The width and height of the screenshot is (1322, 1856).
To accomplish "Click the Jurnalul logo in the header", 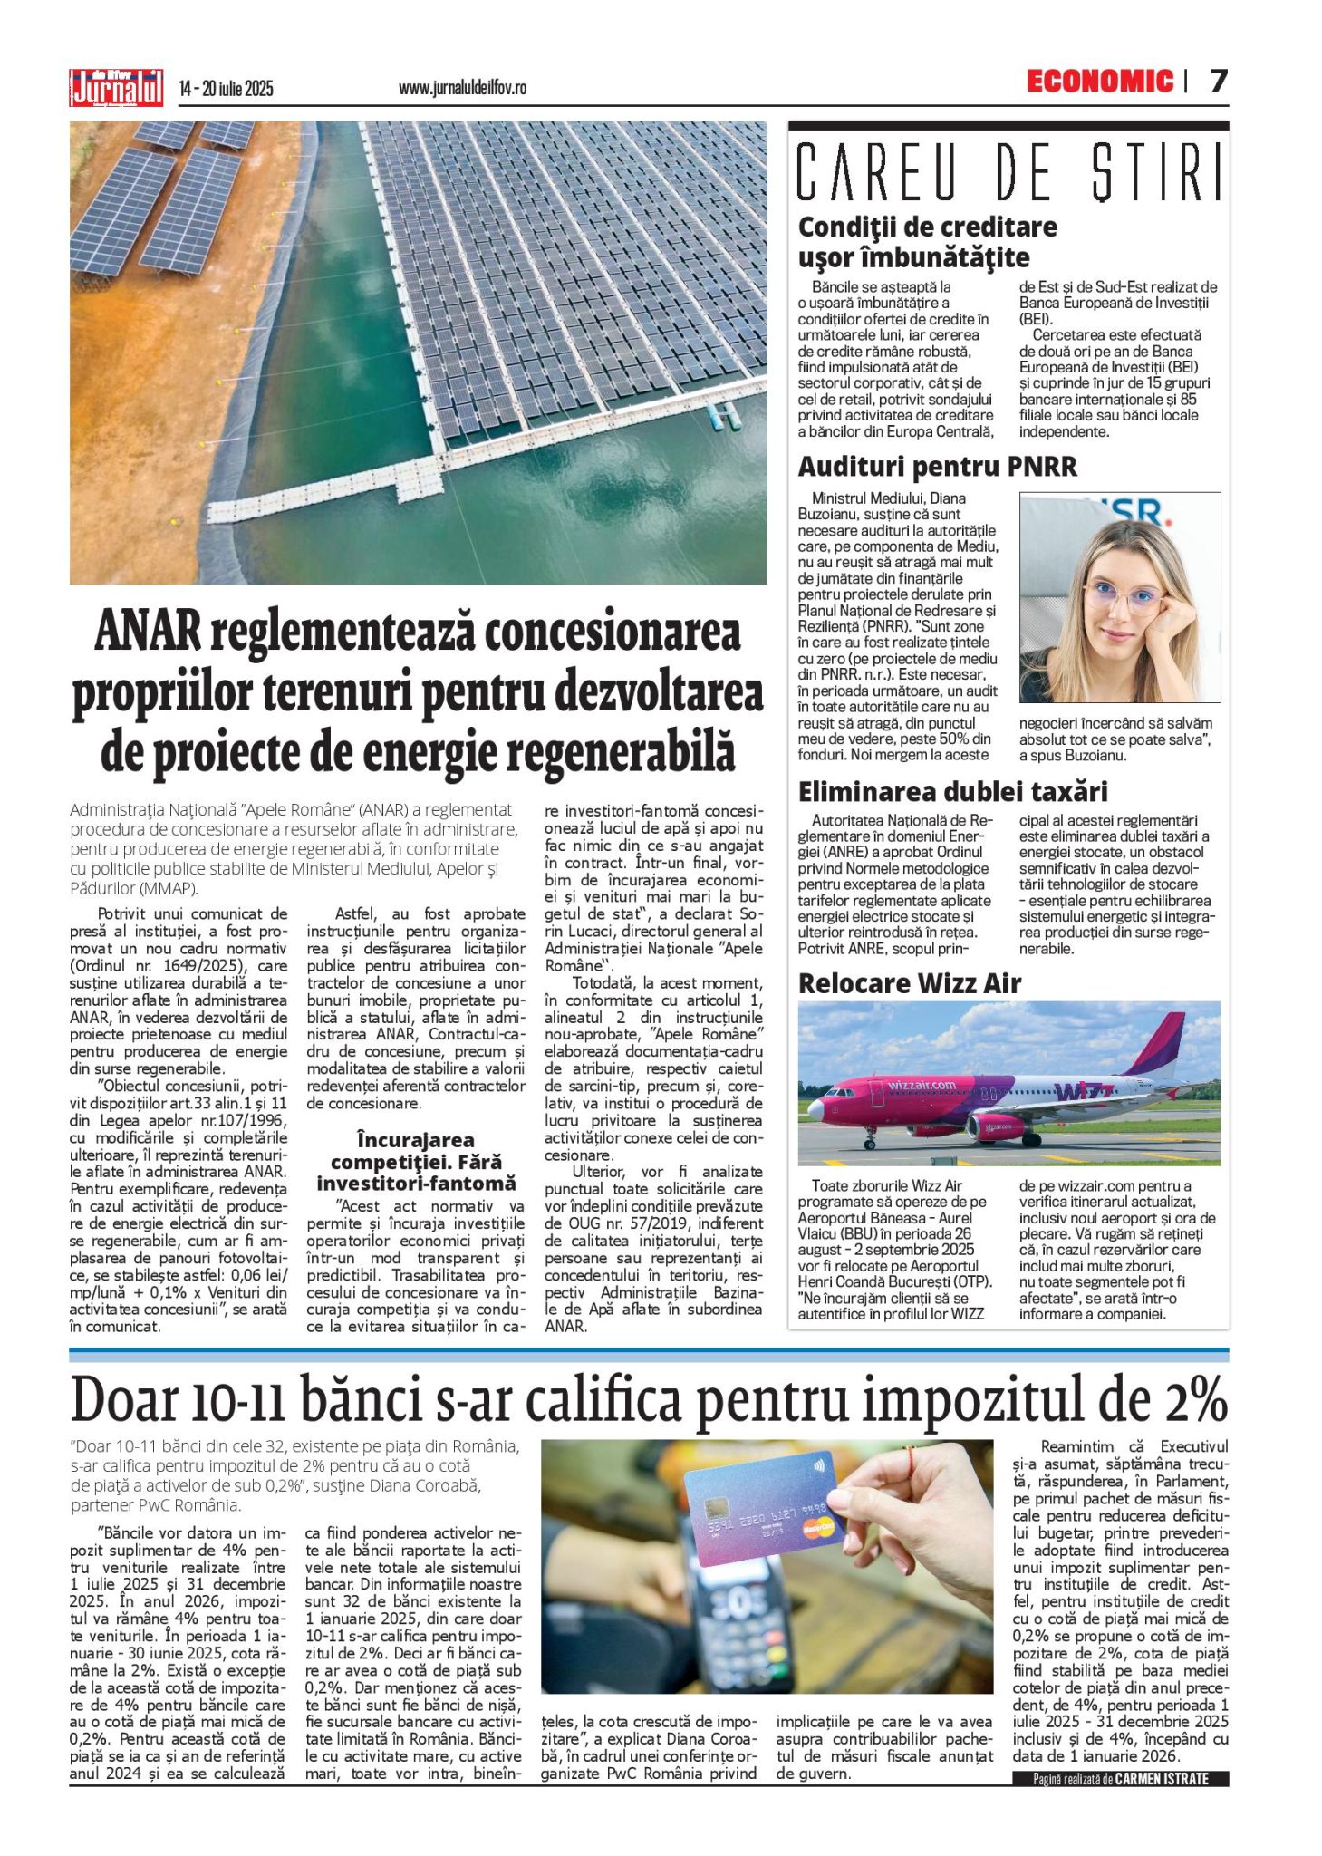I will [x=116, y=88].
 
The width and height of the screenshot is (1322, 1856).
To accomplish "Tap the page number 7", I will [x=1219, y=82].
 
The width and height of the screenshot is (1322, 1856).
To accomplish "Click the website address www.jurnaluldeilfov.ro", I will [x=462, y=88].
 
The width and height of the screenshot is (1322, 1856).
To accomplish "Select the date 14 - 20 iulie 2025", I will [x=226, y=89].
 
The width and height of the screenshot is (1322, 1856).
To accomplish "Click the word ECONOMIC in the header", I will [x=1099, y=82].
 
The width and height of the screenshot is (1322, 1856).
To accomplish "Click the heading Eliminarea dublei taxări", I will [x=952, y=792].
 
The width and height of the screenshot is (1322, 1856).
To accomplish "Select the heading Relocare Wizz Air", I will [x=909, y=983].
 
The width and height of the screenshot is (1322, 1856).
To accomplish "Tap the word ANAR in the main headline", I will [x=147, y=632].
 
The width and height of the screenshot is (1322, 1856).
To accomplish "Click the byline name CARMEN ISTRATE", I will [x=1162, y=1779].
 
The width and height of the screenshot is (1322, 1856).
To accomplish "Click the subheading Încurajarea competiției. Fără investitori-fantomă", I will [x=416, y=1161].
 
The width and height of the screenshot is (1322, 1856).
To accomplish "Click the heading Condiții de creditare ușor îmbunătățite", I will [x=926, y=241].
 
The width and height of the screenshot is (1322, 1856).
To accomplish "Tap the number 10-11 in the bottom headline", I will [x=237, y=1400].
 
